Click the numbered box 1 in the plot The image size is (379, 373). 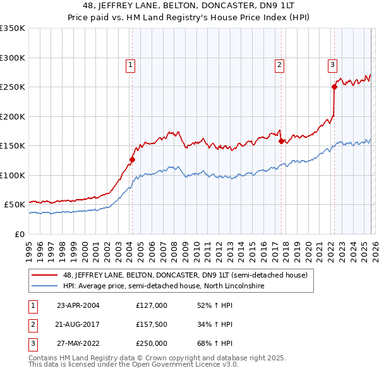coord(130,64)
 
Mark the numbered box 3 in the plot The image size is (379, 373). coord(332,64)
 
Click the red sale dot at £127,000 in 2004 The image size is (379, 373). coord(132,159)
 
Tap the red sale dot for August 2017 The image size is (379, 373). coord(281,142)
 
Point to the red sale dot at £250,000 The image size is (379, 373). coord(334,87)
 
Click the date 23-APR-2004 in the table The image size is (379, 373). coord(78,305)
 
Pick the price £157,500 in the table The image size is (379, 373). coord(152,325)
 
